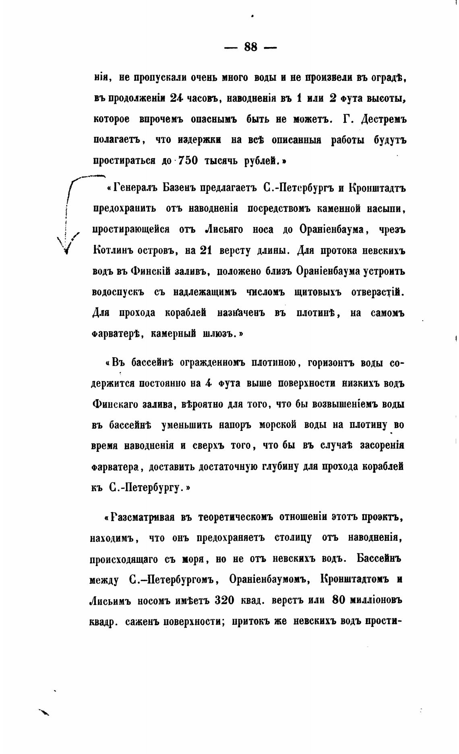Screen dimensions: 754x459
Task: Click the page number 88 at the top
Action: [250, 47]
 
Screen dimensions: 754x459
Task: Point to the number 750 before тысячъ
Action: [185, 161]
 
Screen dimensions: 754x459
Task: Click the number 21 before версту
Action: [205, 250]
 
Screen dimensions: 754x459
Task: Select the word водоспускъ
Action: [118, 293]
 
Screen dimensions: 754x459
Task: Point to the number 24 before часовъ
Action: [177, 98]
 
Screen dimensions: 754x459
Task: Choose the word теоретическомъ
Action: [235, 517]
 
